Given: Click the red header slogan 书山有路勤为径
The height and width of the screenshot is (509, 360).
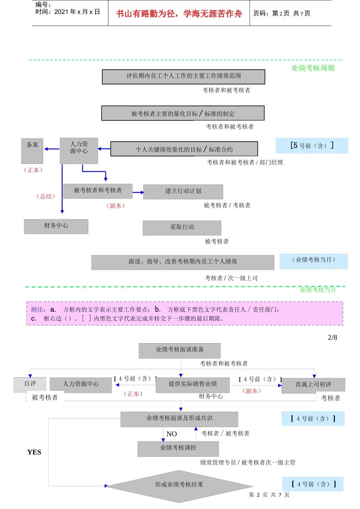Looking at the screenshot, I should (x=178, y=14).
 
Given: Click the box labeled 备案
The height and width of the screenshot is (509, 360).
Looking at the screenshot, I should (x=32, y=150).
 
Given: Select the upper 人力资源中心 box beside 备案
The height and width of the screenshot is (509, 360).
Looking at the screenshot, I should (x=79, y=150).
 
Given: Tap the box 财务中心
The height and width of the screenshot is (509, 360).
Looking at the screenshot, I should (x=56, y=226).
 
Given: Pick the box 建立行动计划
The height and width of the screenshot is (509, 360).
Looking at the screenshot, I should (x=183, y=191).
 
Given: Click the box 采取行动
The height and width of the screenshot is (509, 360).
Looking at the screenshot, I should (x=182, y=228).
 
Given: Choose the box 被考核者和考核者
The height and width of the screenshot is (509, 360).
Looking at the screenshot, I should (x=98, y=191).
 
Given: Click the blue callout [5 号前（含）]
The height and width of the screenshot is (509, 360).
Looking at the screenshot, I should (x=312, y=145).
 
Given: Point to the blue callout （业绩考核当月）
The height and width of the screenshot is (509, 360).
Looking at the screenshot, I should (x=313, y=261).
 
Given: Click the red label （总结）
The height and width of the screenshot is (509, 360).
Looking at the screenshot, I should (x=46, y=196).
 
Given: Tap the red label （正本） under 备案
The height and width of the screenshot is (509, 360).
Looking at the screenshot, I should (x=33, y=170).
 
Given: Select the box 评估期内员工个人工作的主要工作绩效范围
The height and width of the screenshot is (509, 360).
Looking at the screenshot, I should (x=183, y=77).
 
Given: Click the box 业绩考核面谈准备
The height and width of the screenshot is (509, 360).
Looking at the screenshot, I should (x=179, y=350).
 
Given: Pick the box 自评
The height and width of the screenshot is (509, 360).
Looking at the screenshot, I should (x=30, y=384).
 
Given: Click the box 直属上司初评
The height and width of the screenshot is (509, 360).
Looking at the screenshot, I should (x=313, y=385).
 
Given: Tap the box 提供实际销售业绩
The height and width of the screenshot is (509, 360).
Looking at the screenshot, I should (x=193, y=385).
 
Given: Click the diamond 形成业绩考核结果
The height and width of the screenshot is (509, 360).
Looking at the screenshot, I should (x=179, y=485).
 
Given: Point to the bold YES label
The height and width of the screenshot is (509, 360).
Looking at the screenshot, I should (x=34, y=452).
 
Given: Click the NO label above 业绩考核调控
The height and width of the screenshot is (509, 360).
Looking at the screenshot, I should (x=172, y=434).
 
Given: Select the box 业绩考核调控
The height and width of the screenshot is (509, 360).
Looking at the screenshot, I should (x=178, y=448).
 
